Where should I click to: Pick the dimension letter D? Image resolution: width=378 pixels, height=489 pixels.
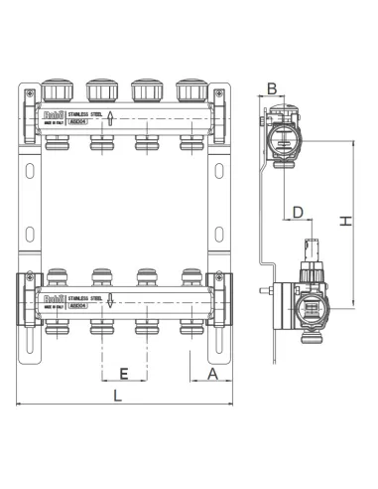(296, 212)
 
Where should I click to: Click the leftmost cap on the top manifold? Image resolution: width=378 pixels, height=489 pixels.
(55, 91)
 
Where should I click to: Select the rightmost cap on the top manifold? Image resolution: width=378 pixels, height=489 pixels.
(189, 91)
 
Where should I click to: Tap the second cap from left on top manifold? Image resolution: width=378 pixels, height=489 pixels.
(100, 91)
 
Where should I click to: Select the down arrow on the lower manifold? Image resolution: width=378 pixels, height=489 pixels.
(111, 301)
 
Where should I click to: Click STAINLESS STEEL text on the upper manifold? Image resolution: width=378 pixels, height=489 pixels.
(85, 116)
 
